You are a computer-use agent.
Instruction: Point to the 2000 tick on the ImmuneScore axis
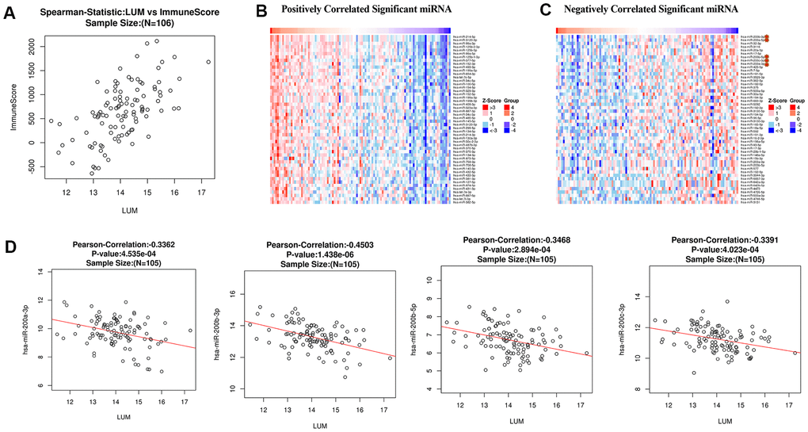point(27,49)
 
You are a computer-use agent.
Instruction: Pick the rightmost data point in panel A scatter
point(208,62)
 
